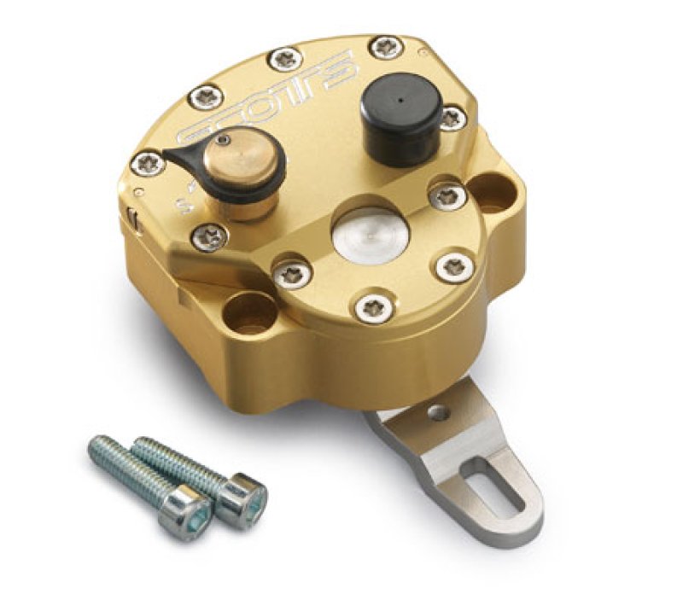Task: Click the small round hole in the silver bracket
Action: (x=439, y=413)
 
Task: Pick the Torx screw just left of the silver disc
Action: (x=292, y=272)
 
